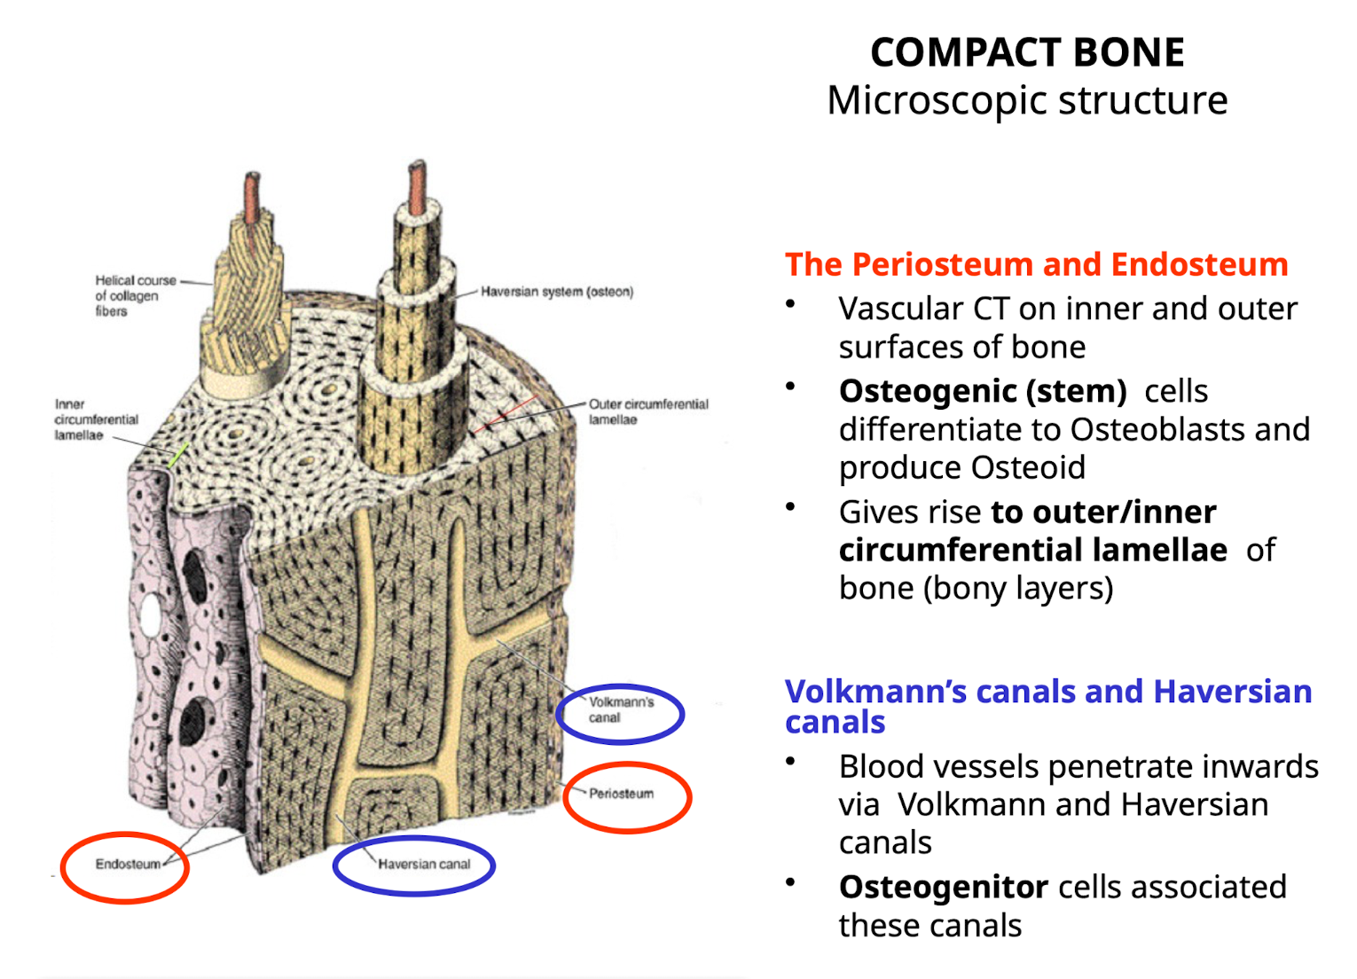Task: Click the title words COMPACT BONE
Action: pyautogui.click(x=1027, y=52)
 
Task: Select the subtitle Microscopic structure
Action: pyautogui.click(x=1027, y=100)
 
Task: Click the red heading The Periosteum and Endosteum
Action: pyautogui.click(x=1036, y=264)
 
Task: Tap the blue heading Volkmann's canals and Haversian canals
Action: pyautogui.click(x=1047, y=706)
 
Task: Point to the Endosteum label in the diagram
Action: pyautogui.click(x=128, y=865)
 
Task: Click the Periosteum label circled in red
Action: pyautogui.click(x=621, y=794)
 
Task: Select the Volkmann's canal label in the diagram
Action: pyautogui.click(x=620, y=709)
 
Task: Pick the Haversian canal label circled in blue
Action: pyautogui.click(x=423, y=865)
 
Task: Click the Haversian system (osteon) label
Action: pyautogui.click(x=557, y=292)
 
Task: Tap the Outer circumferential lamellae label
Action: pyautogui.click(x=647, y=411)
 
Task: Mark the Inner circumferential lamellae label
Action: pyautogui.click(x=96, y=419)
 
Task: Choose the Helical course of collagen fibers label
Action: pyautogui.click(x=135, y=295)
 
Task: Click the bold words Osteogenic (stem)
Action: pyautogui.click(x=982, y=391)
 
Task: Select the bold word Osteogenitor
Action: pyautogui.click(x=944, y=887)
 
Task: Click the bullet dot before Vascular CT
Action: pyautogui.click(x=789, y=304)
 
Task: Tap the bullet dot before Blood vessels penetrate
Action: pyautogui.click(x=789, y=762)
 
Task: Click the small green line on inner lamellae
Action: pyautogui.click(x=178, y=454)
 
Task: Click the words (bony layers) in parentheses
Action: pyautogui.click(x=1017, y=588)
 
